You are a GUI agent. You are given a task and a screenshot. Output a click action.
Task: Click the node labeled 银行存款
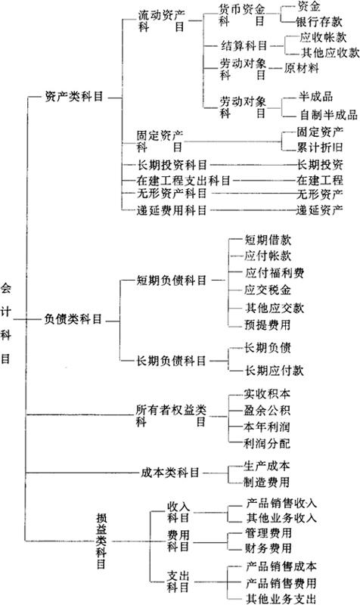pyautogui.click(x=318, y=22)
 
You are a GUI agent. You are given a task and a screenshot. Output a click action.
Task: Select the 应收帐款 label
pyautogui.click(x=324, y=37)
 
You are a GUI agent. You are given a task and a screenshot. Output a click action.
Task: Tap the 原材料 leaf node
pyautogui.click(x=301, y=68)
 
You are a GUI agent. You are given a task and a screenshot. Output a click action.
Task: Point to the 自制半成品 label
pyautogui.click(x=329, y=115)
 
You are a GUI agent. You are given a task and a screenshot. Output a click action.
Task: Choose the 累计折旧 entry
pyautogui.click(x=319, y=147)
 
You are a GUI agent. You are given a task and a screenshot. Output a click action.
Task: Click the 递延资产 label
pyautogui.click(x=319, y=210)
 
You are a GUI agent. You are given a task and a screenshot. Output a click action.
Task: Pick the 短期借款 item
pyautogui.click(x=268, y=240)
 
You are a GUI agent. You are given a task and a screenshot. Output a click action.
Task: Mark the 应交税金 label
pyautogui.click(x=268, y=290)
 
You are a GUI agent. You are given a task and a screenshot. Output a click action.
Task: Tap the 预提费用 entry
pyautogui.click(x=268, y=324)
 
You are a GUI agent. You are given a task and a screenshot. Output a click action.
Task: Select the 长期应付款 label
pyautogui.click(x=275, y=371)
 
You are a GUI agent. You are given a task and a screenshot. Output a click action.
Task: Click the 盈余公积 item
pyautogui.click(x=267, y=410)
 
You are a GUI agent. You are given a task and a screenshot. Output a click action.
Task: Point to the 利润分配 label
pyautogui.click(x=267, y=443)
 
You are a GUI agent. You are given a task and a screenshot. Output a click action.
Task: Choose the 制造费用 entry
pyautogui.click(x=266, y=482)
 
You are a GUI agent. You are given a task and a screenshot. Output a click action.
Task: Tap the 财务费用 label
pyautogui.click(x=268, y=548)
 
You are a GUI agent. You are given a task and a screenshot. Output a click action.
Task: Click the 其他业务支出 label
pyautogui.click(x=281, y=598)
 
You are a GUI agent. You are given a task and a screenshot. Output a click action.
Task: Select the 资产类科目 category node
pyautogui.click(x=74, y=97)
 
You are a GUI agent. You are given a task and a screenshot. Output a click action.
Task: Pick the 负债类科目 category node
pyautogui.click(x=73, y=319)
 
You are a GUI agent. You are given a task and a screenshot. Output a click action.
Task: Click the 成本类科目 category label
pyautogui.click(x=169, y=472)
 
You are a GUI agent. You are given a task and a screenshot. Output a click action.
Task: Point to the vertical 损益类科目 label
pyautogui.click(x=101, y=541)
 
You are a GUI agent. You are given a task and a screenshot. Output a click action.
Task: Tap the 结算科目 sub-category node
pyautogui.click(x=244, y=46)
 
